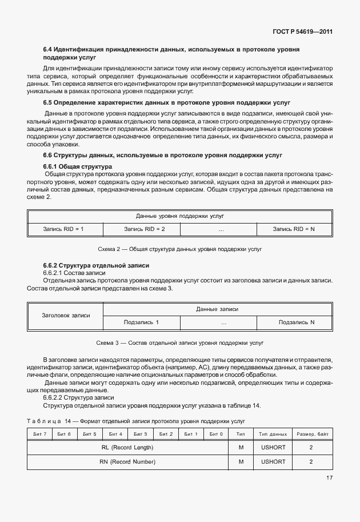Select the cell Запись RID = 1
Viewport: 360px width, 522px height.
(63, 229)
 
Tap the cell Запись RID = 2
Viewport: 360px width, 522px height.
(145, 229)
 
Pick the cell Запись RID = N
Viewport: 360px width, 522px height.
(294, 229)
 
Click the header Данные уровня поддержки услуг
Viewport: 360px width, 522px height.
(180, 216)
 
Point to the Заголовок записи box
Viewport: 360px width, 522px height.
(66, 315)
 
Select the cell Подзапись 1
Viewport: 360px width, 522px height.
(141, 322)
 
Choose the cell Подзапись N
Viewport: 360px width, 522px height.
(297, 322)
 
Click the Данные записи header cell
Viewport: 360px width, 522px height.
(217, 309)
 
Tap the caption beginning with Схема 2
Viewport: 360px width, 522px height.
(180, 250)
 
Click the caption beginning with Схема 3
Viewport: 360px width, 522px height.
(180, 344)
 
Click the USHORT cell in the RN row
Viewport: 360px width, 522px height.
(273, 461)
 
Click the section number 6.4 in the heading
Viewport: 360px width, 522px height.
(48, 50)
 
